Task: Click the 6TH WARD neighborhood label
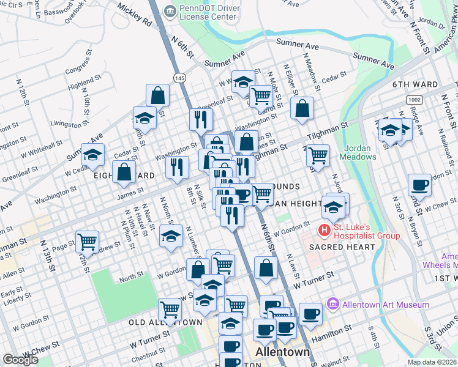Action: tap(415, 85)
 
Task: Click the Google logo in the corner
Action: tap(20, 360)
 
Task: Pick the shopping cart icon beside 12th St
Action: tap(88, 242)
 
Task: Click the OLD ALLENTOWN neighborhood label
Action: tap(165, 322)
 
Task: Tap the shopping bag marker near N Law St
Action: tap(266, 268)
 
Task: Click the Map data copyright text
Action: tap(432, 362)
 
